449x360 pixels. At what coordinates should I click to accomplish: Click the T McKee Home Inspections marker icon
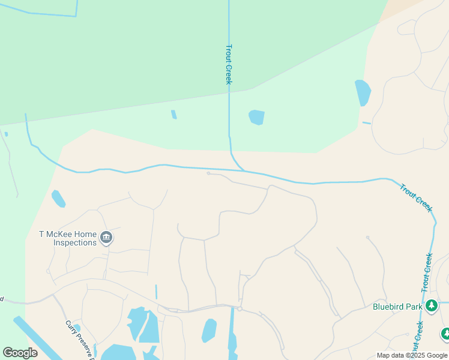[x=106, y=238]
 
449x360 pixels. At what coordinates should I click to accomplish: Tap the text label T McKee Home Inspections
[x=68, y=238]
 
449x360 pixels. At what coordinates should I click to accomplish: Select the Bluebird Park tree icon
[x=431, y=306]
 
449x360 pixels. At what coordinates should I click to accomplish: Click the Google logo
[x=20, y=353]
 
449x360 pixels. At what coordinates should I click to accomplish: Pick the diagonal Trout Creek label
[x=416, y=197]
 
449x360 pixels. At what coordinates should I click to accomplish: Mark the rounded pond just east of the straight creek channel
[x=256, y=117]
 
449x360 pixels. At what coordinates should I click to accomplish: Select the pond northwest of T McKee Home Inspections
[x=58, y=198]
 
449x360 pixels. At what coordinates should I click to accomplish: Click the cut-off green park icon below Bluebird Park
[x=445, y=334]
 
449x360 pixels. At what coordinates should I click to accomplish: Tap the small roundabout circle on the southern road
[x=239, y=308]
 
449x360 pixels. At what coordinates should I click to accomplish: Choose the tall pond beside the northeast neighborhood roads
[x=363, y=92]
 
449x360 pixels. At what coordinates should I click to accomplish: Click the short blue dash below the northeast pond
[x=367, y=123]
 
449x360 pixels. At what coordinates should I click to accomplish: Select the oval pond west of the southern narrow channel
[x=209, y=330]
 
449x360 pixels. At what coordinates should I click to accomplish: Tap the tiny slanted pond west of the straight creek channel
[x=174, y=114]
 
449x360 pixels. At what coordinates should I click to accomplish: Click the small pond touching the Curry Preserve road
[x=77, y=328]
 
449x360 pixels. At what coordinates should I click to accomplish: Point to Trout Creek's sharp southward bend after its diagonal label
[x=433, y=222]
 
